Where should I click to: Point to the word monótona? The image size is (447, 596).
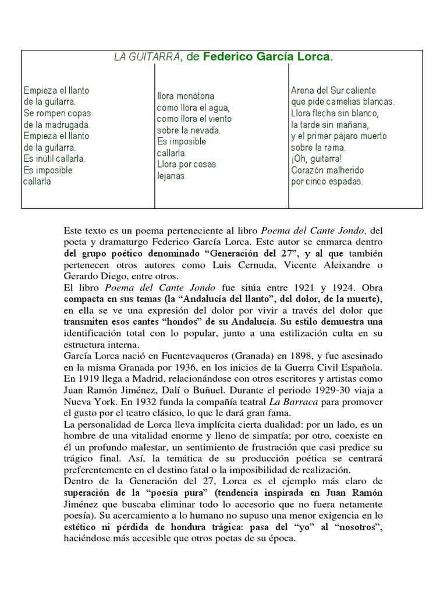pos(194,96)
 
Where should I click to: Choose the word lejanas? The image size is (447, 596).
pos(172,176)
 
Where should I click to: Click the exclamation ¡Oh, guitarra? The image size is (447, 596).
pos(316,159)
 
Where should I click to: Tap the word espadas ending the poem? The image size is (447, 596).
pos(343,182)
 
